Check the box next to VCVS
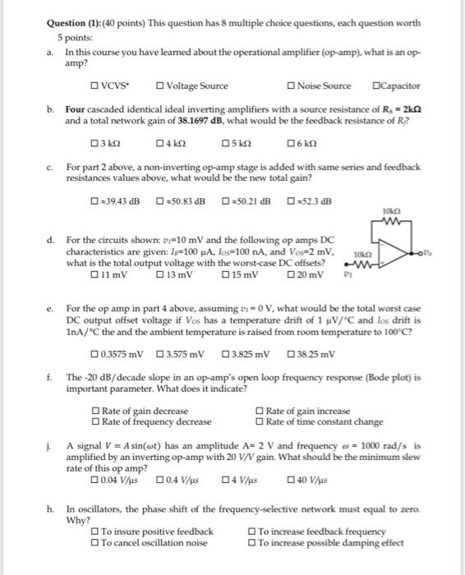(95, 86)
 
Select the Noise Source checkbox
(292, 86)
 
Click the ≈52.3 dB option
(292, 202)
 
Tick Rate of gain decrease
(96, 411)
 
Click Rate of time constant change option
(260, 422)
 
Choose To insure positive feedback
(96, 531)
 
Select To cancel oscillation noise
(96, 543)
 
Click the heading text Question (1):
(75, 24)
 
